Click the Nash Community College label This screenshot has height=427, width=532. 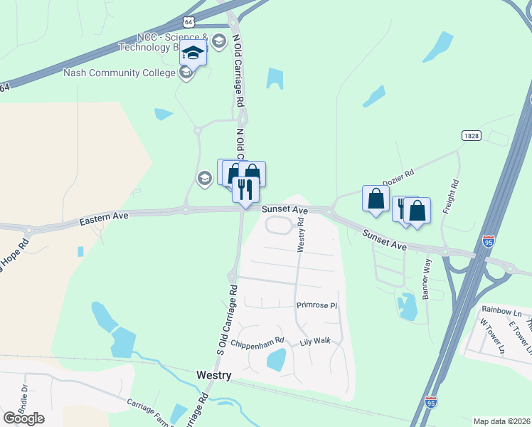(x=119, y=73)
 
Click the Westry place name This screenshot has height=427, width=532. (x=213, y=375)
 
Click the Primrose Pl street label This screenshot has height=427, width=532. (x=316, y=305)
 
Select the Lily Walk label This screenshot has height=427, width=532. (x=315, y=342)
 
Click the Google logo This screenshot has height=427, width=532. (x=23, y=418)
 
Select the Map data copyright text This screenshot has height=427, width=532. (x=502, y=421)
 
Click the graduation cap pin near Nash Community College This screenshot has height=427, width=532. (x=193, y=53)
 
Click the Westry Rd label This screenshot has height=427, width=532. (x=301, y=234)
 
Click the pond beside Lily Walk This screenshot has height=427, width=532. (x=276, y=360)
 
